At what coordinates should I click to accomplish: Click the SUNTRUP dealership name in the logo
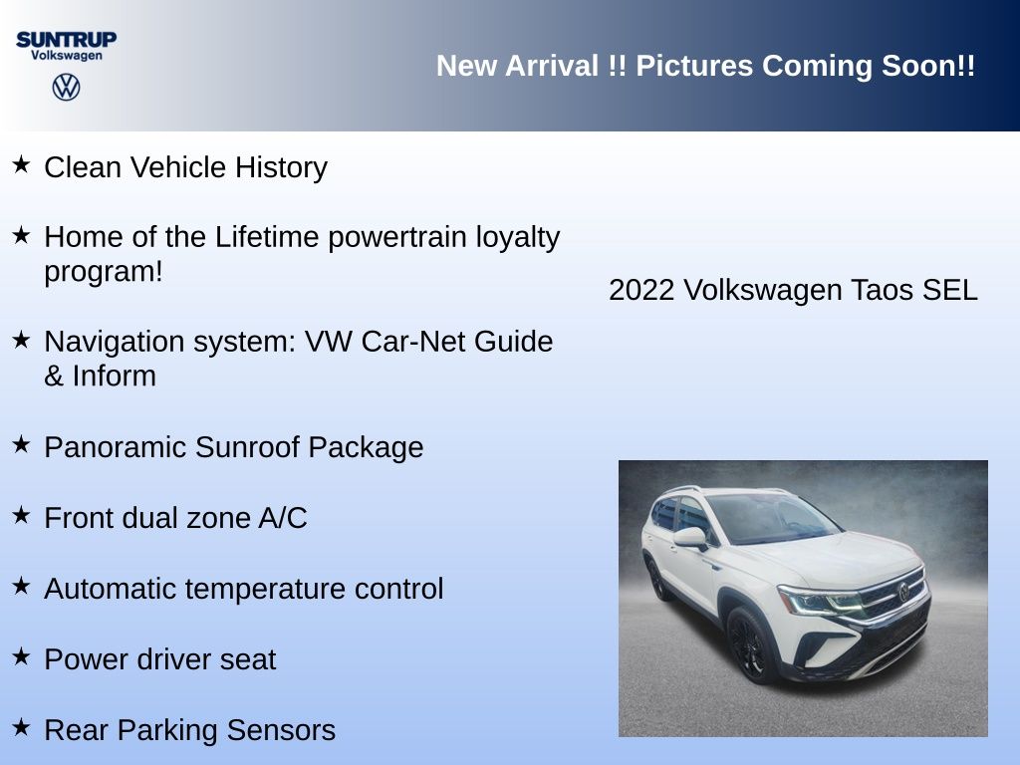[67, 40]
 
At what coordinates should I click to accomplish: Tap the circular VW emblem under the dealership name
[67, 88]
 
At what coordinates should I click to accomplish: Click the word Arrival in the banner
[552, 66]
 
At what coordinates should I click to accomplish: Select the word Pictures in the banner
[694, 66]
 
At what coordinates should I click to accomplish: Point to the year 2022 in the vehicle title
[641, 290]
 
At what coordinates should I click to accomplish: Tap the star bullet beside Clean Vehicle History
[22, 164]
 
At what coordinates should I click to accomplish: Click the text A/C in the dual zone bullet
[282, 518]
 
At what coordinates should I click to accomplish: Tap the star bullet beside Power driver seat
[22, 656]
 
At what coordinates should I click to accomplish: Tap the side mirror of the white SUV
[691, 538]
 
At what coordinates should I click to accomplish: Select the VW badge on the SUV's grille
[903, 592]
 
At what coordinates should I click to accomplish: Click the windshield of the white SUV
[771, 518]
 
